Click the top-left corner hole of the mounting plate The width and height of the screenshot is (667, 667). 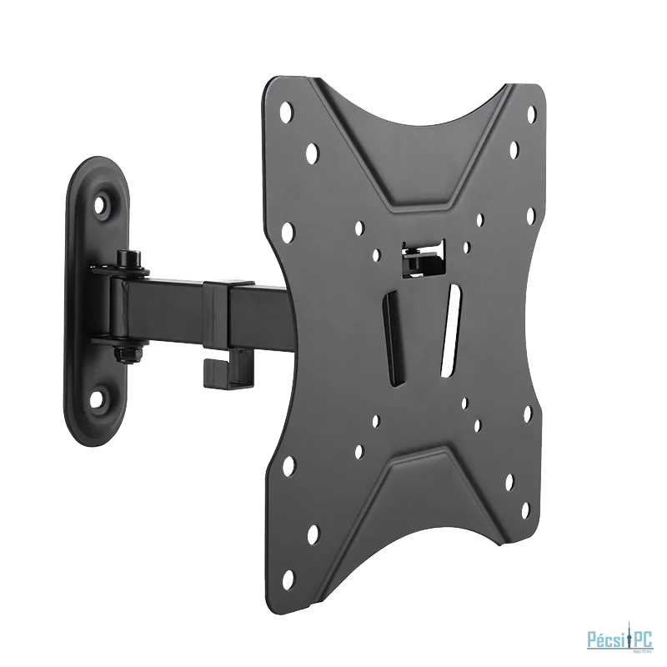[289, 108]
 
